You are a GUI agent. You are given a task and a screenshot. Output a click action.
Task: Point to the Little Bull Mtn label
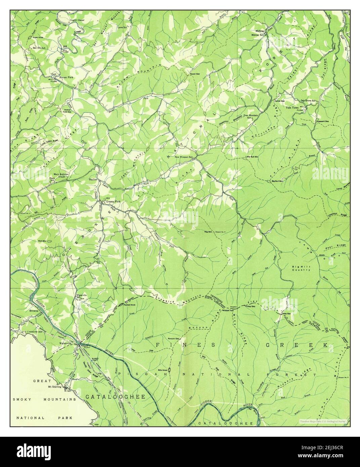252,157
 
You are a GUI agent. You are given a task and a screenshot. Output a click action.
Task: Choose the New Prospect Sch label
184,157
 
